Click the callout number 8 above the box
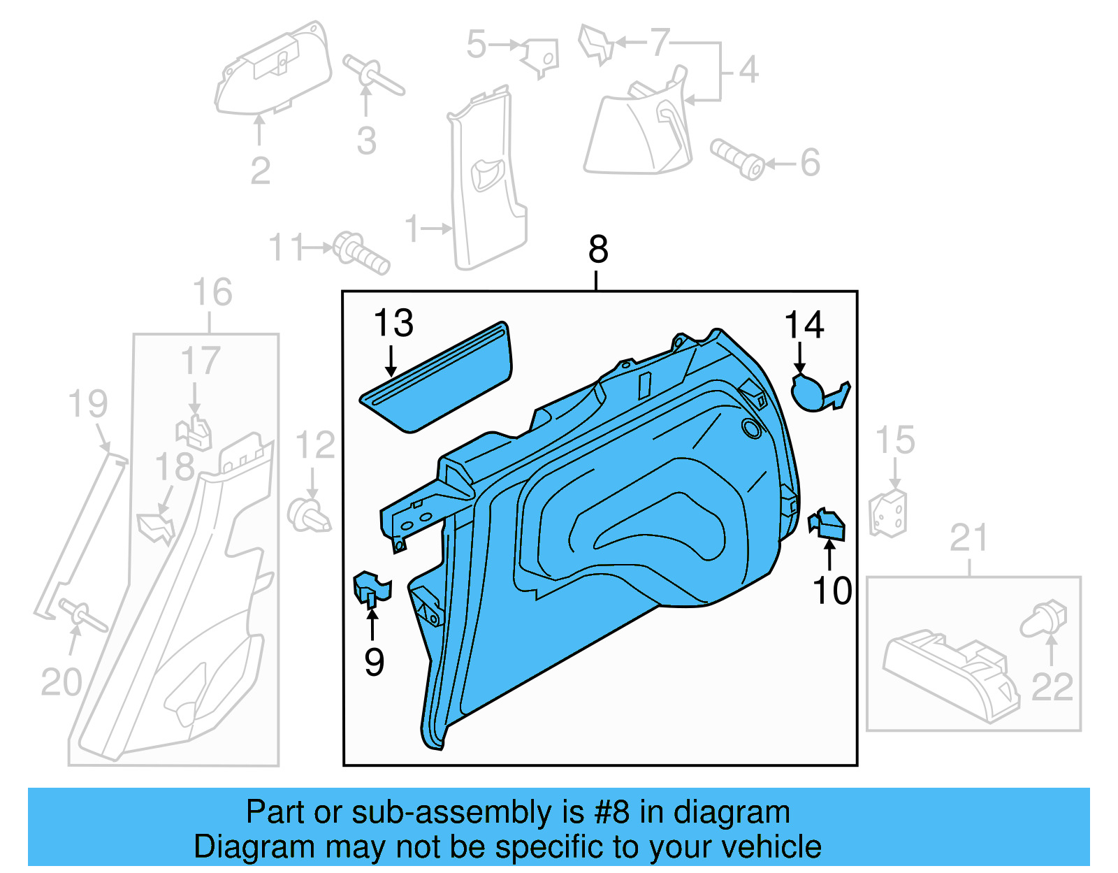598,250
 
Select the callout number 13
393,324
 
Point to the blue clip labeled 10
827,525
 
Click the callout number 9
375,662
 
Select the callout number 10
832,591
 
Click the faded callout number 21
968,538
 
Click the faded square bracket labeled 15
888,514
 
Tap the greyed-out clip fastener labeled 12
308,515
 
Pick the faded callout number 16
212,293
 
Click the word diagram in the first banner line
732,813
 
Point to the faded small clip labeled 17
195,433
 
